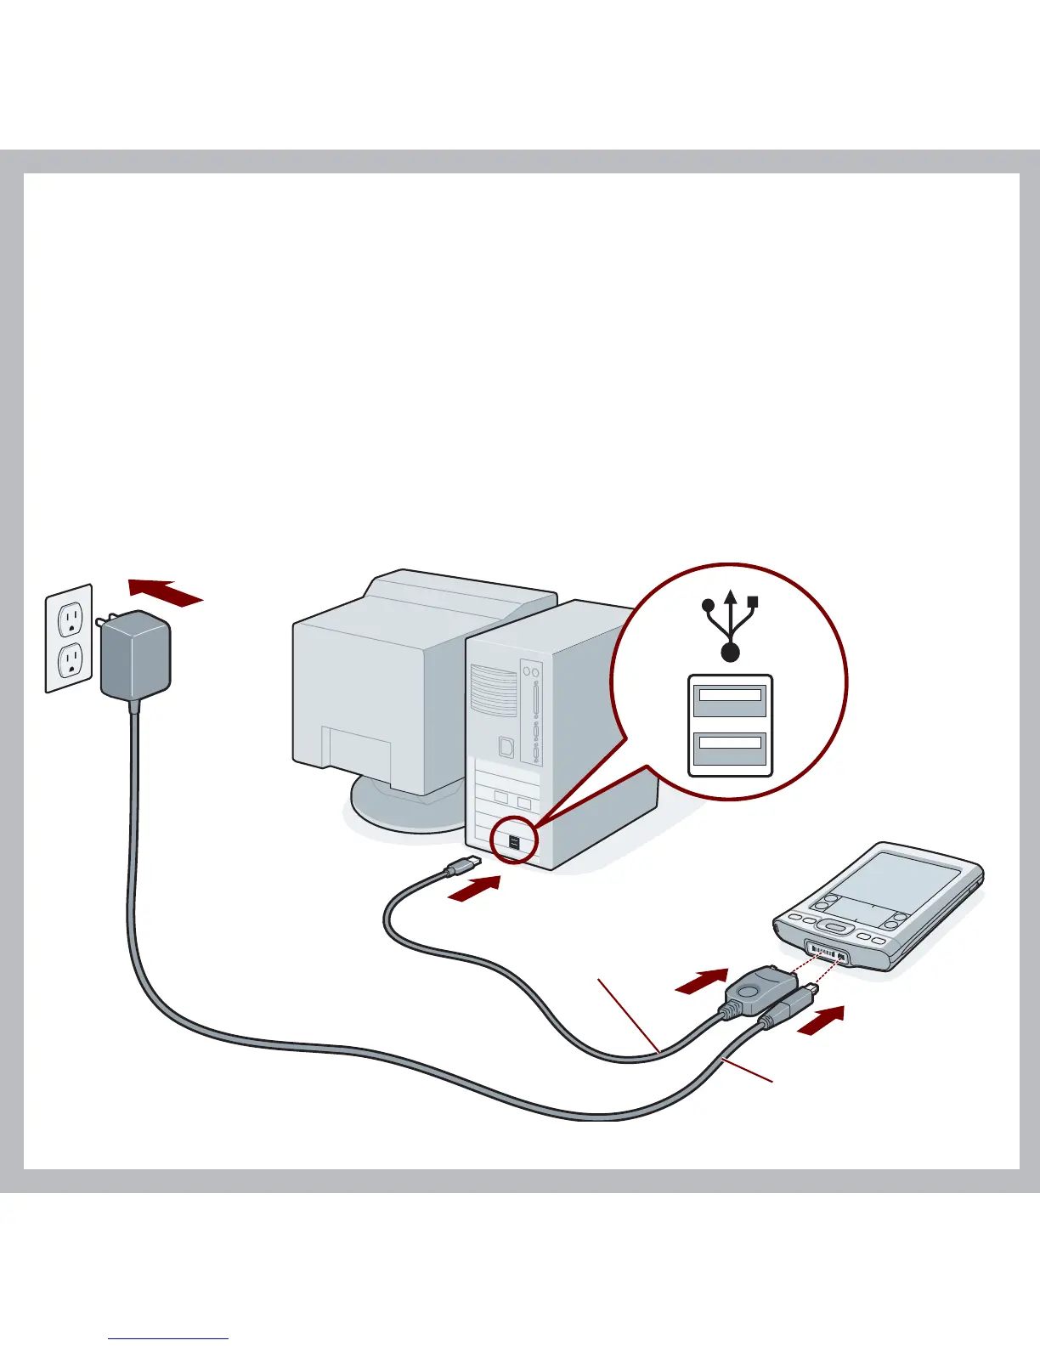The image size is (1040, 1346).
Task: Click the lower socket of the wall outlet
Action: [x=73, y=659]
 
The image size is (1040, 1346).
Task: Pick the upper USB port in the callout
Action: [x=730, y=699]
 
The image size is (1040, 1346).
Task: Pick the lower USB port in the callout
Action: [x=730, y=747]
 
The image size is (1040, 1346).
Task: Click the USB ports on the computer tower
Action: [x=515, y=844]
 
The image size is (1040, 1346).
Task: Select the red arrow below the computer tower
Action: [x=474, y=889]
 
